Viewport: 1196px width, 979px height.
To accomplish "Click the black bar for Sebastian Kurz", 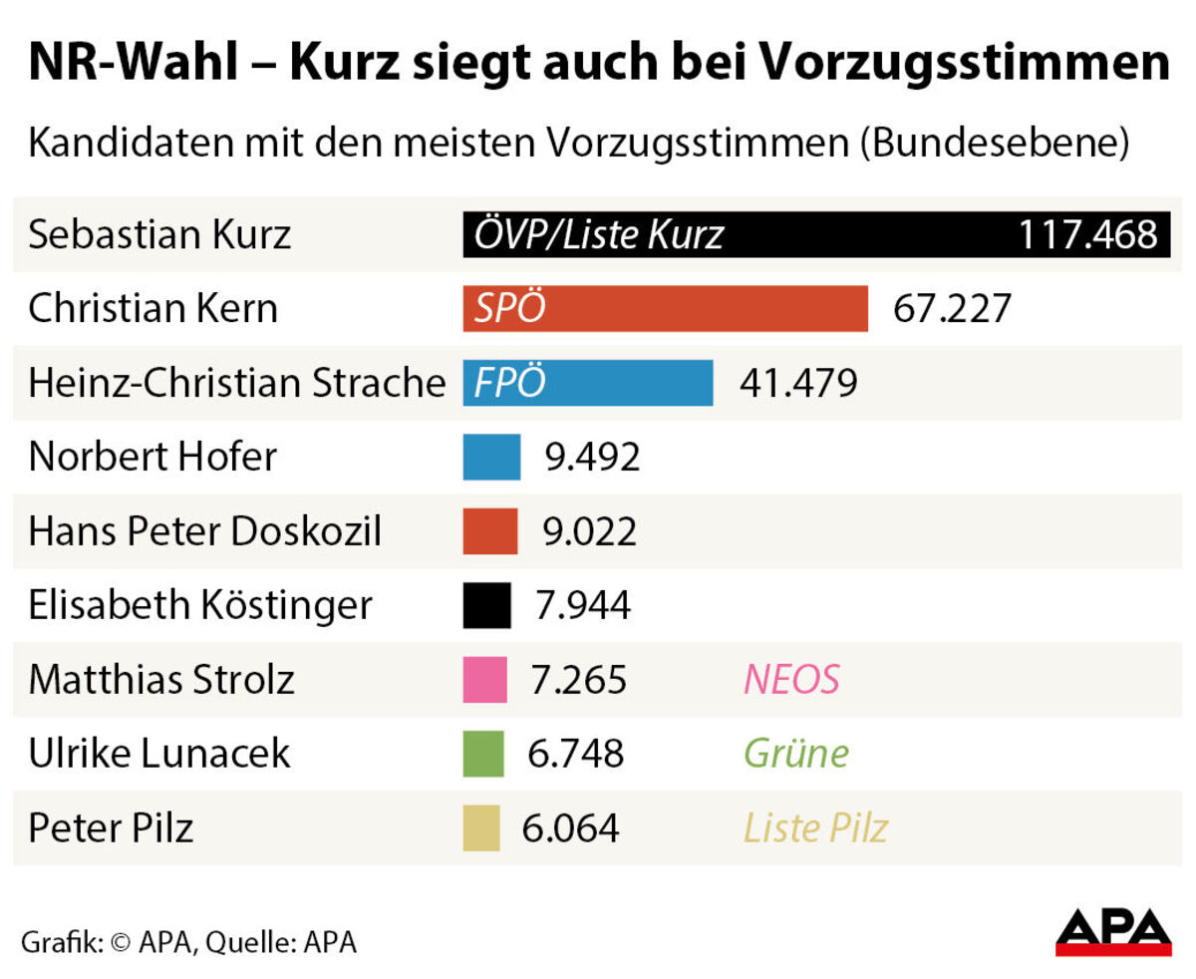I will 815,235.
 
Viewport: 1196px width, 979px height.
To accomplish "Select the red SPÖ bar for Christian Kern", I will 665,309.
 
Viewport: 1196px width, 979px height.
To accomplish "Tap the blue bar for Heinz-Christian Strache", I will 588,383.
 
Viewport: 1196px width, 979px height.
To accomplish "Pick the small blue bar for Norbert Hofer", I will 491,457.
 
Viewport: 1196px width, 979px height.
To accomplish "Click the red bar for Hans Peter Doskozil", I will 490,531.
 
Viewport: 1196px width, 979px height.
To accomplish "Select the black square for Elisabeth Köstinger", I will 486,605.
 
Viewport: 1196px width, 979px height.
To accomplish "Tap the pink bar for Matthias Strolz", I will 484,680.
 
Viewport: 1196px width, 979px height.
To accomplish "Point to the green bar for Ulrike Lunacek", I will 483,754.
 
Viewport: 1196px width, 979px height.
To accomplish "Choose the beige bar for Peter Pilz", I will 481,828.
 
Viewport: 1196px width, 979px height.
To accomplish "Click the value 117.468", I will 1086,235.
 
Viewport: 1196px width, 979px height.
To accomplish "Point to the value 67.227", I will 952,309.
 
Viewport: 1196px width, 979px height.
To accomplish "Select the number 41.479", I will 798,383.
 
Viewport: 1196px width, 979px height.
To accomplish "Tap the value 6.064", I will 571,828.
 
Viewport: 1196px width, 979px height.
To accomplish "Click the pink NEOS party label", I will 791,680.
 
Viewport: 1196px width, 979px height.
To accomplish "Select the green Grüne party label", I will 796,754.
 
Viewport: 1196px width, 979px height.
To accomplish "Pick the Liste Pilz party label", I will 815,828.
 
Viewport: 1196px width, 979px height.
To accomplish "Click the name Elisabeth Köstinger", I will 200,605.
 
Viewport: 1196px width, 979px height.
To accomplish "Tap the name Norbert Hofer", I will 152,457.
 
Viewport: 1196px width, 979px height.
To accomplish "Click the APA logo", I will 1113,932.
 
